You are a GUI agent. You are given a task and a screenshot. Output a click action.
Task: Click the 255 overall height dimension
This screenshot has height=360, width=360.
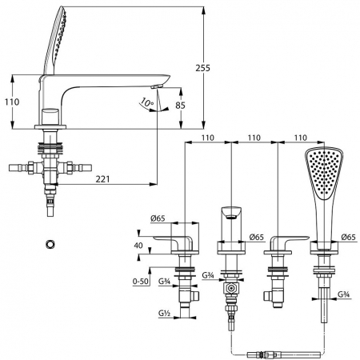[202, 68]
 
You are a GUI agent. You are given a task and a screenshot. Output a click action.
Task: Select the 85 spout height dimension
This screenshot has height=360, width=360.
[180, 106]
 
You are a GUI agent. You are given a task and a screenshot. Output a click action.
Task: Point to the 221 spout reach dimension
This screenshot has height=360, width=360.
[102, 179]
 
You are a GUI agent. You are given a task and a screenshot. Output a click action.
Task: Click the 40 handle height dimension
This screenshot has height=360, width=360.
[138, 245]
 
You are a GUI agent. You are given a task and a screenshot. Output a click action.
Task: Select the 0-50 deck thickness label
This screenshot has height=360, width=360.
[141, 281]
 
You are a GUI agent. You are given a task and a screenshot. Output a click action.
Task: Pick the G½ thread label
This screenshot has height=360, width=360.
[165, 313]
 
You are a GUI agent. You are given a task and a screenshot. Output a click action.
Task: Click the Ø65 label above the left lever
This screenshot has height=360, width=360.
[158, 218]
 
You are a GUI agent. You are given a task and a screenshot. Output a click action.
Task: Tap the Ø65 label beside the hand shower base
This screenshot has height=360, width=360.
[349, 237]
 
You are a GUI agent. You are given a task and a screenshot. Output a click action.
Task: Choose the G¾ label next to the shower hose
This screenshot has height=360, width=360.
[344, 294]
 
